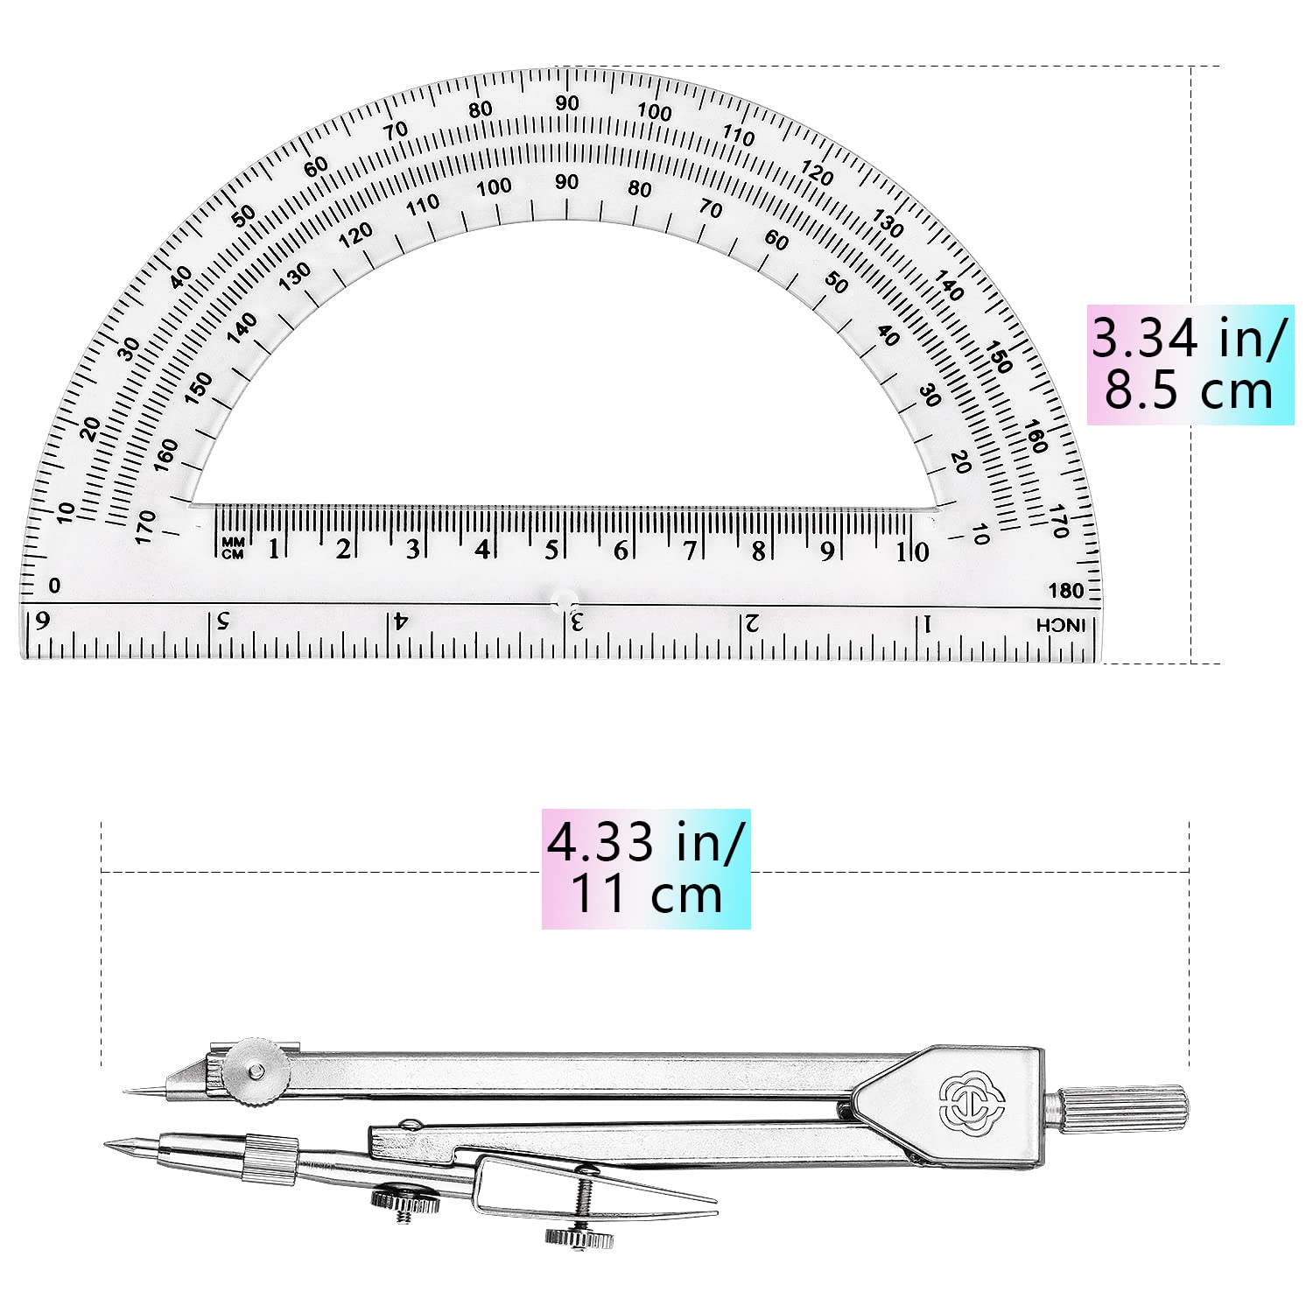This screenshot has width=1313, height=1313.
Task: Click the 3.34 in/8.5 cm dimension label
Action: coord(1190,364)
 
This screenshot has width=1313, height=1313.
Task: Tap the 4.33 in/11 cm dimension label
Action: coord(646,868)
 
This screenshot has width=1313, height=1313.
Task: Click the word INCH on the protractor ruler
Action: coord(1060,625)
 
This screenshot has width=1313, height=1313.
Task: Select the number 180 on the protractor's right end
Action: coord(1065,590)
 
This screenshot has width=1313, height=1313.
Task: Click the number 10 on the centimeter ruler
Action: coord(911,551)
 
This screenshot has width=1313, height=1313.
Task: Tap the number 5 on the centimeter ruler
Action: coord(551,551)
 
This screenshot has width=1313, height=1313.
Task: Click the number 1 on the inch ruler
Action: coord(929,624)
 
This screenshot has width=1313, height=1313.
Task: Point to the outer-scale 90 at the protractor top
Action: coord(567,103)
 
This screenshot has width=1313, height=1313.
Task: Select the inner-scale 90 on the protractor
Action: coord(566,182)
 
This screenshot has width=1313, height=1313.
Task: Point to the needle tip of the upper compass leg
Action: coord(127,1091)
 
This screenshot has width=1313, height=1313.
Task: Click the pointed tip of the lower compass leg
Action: coord(107,1143)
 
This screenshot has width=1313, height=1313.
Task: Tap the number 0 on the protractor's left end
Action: coord(55,586)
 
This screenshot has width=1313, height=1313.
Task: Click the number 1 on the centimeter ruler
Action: coord(274,550)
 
